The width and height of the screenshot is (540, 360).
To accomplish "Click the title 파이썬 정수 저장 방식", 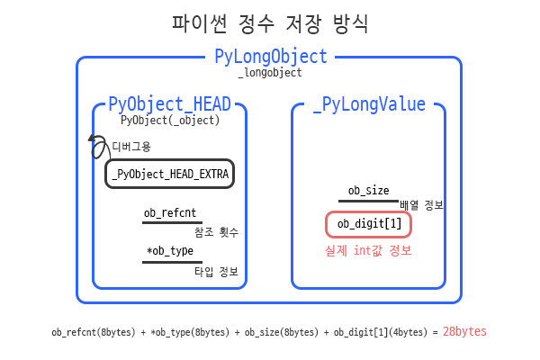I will tap(270, 22).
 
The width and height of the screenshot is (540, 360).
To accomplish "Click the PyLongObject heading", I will tap(270, 57).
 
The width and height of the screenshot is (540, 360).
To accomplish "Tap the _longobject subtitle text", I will tap(269, 73).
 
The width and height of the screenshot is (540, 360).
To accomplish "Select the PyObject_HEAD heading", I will tap(169, 103).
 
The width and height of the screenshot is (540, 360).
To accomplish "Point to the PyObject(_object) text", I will tap(170, 119).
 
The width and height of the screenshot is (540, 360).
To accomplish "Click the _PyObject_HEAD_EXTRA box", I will tap(170, 174).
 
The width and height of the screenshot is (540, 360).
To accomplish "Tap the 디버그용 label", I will tap(130, 146).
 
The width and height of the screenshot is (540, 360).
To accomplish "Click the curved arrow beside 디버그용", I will tap(94, 148).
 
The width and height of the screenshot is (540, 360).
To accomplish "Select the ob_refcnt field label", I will tap(171, 213).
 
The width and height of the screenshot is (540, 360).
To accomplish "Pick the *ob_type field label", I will tap(170, 251).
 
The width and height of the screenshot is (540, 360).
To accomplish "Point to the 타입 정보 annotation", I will tap(216, 271).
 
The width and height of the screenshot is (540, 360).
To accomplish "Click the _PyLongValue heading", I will tap(369, 104).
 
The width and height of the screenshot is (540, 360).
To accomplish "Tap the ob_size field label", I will tap(368, 190).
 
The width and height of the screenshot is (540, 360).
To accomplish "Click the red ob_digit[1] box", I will tap(369, 224).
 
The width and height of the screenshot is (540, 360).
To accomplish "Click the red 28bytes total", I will tap(464, 331).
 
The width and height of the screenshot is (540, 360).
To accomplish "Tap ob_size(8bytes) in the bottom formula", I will tap(276, 332).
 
